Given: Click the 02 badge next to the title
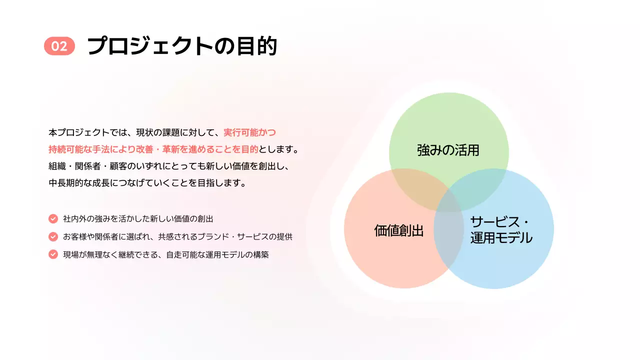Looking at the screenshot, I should point(59,46).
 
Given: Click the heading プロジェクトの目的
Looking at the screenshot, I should point(182,46).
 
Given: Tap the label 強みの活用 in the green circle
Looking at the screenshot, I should point(448,150).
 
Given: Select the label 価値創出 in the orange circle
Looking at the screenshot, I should point(398,230).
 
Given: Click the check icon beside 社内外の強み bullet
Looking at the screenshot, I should point(53,218).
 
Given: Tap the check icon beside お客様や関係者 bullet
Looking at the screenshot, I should point(53,236).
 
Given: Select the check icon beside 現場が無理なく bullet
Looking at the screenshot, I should point(53,254).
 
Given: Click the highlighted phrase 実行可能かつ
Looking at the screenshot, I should point(249,132).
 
